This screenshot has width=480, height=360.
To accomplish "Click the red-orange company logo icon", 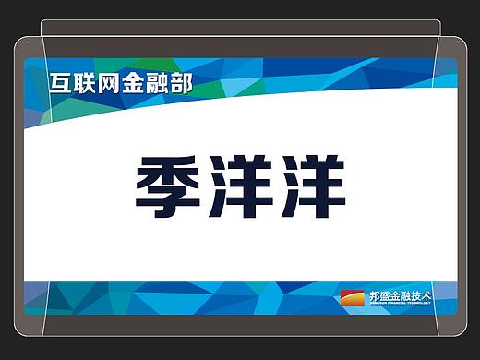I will [x=354, y=297].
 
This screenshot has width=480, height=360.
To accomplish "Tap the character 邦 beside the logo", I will [x=375, y=295].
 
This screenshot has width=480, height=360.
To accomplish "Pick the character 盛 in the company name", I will [x=388, y=295].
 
